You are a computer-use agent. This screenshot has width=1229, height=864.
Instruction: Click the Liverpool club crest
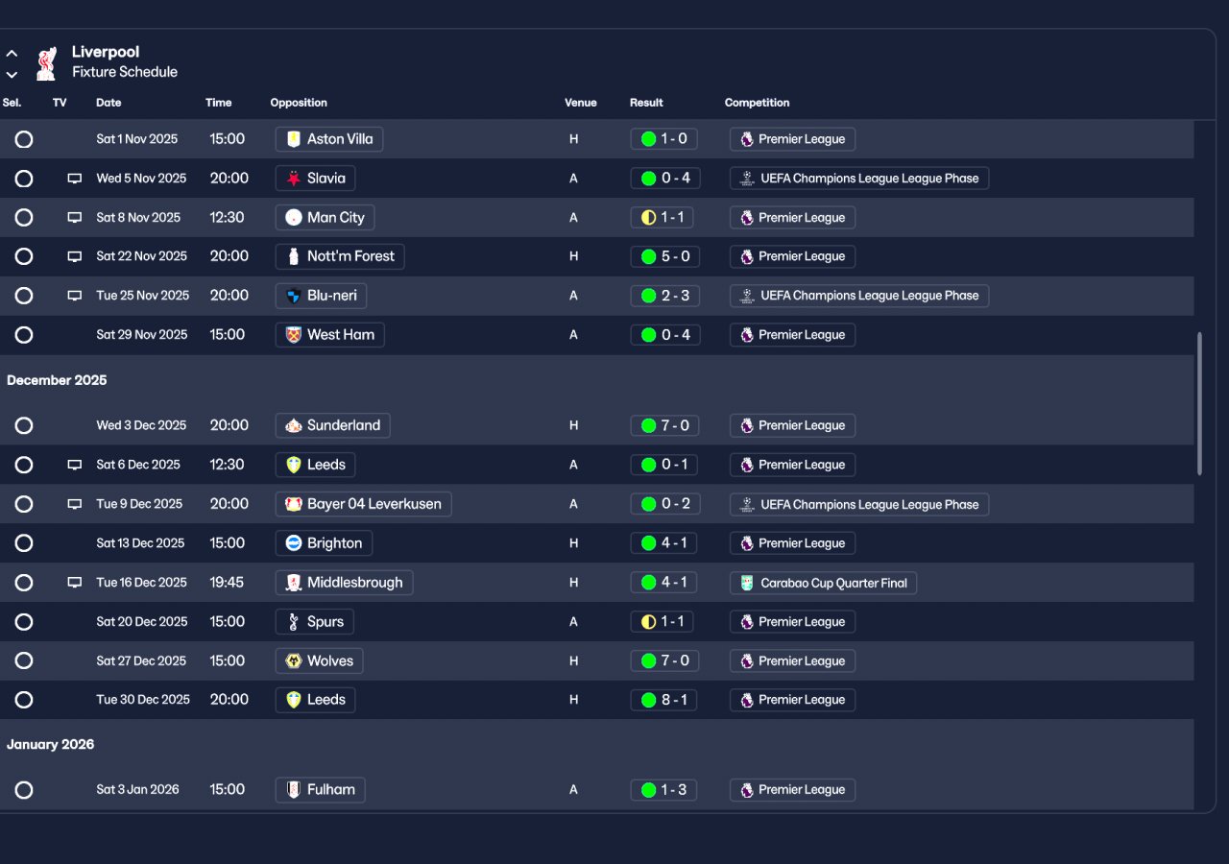45,63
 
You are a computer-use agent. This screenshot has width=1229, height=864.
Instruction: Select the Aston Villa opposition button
329,139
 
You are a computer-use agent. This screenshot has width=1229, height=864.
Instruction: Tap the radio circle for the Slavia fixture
24,179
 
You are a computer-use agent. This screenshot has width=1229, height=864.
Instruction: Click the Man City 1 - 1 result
663,218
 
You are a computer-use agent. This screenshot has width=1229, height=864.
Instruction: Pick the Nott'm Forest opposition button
340,256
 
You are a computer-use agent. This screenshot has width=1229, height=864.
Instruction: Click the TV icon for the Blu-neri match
75,296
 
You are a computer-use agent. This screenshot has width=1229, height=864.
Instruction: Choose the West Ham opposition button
329,335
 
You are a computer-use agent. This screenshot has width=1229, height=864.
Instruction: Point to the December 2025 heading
57,380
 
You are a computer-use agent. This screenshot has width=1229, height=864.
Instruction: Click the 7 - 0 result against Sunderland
663,425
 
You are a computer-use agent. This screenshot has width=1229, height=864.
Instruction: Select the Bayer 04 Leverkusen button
363,504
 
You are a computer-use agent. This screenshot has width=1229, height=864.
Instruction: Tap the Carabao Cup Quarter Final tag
823,583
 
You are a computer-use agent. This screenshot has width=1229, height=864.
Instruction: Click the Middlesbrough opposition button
344,583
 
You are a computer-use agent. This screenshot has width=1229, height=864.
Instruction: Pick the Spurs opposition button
315,622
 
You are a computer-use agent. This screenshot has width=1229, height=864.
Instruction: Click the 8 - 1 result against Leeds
663,700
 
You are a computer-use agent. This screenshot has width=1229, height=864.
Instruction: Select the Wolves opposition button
320,660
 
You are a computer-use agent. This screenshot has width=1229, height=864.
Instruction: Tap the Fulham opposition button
320,790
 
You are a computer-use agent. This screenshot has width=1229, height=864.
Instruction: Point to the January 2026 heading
51,744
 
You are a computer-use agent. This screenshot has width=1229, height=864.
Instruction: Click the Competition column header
757,103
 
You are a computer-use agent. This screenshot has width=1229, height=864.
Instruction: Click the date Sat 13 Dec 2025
140,543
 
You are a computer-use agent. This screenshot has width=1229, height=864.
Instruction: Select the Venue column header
580,103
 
